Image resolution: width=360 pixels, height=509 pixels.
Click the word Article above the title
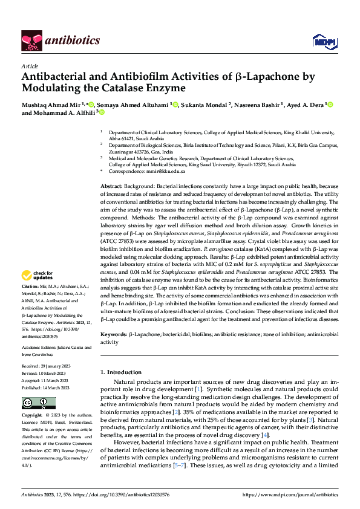[30, 66]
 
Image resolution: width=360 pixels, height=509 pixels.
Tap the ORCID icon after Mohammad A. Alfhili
[102, 112]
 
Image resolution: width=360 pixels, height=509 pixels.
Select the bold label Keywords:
[114, 334]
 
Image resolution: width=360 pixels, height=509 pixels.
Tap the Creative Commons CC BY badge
[38, 403]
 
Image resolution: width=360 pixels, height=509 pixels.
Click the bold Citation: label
[30, 285]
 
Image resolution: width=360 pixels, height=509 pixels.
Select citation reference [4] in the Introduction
[264, 436]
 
